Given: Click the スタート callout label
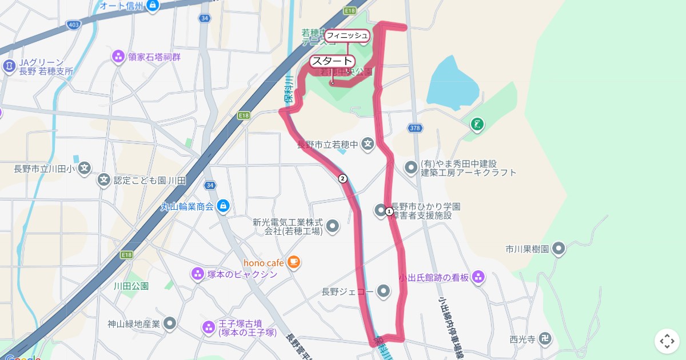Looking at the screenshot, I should pyautogui.click(x=332, y=61).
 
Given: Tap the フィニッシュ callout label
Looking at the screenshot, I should pyautogui.click(x=347, y=35).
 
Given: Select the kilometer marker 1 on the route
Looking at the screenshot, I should pyautogui.click(x=389, y=211).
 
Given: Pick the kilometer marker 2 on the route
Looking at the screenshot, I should pyautogui.click(x=342, y=178).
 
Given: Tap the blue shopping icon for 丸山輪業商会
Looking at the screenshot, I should pyautogui.click(x=223, y=206).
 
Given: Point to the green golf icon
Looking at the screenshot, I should pyautogui.click(x=477, y=123).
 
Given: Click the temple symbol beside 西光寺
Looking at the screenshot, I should pyautogui.click(x=546, y=339).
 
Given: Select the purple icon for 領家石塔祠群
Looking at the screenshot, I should pyautogui.click(x=118, y=57).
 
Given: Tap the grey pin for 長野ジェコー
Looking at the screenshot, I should pyautogui.click(x=384, y=292).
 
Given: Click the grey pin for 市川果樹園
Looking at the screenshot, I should pyautogui.click(x=559, y=249).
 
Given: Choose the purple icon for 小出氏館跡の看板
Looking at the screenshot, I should pyautogui.click(x=478, y=278).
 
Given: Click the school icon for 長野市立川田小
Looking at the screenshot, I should pyautogui.click(x=85, y=169).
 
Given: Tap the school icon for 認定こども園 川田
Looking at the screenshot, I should pyautogui.click(x=103, y=181).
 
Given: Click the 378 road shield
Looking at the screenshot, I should pyautogui.click(x=416, y=128).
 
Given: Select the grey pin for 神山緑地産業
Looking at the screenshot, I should pyautogui.click(x=169, y=324).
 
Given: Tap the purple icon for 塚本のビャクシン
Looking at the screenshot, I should pyautogui.click(x=197, y=274).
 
